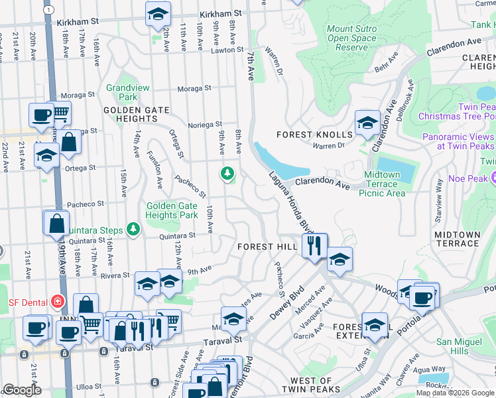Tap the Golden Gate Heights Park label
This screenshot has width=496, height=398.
click(x=172, y=211)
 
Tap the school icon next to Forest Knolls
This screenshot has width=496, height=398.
click(x=367, y=123)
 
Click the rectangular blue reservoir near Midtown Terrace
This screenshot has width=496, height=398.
click(x=396, y=170)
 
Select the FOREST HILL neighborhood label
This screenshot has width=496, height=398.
click(x=267, y=247)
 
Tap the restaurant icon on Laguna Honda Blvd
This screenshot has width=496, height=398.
click(x=314, y=245)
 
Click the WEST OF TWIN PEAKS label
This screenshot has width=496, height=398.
click(x=311, y=385)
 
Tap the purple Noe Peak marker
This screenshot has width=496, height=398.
click(x=494, y=178)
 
